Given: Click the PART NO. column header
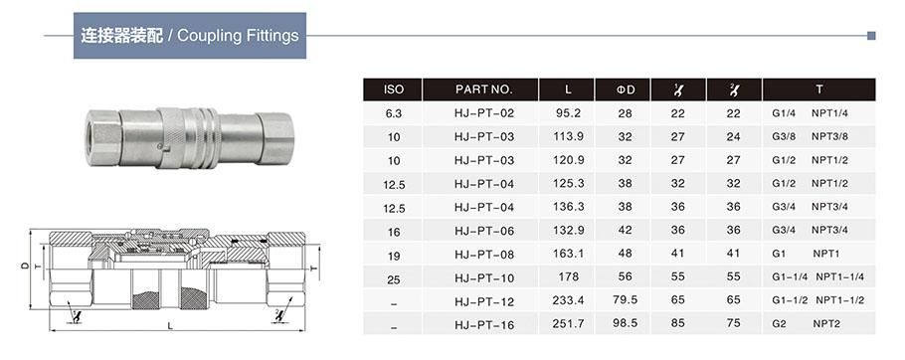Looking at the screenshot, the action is [483, 90].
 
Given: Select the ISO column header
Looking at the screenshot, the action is [393, 90].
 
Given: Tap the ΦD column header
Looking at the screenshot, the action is [624, 90].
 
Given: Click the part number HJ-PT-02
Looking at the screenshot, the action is [483, 113].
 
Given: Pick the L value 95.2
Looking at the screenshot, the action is [568, 113].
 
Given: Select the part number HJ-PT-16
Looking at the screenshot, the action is [483, 325].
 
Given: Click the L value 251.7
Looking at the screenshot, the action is [568, 323].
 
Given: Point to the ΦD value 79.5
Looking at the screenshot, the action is [625, 300].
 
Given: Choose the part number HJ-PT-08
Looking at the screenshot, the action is [483, 255].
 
